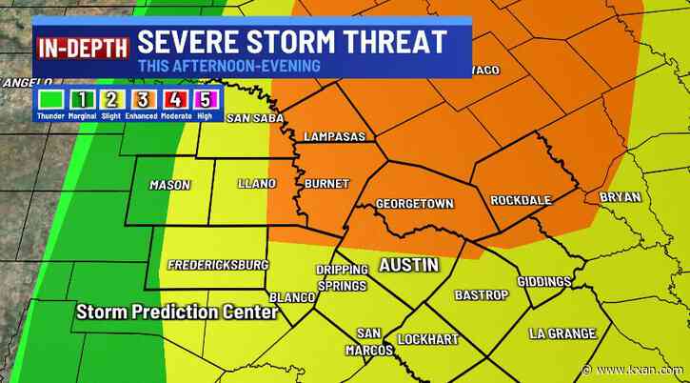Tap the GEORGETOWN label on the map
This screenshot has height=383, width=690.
pos(414,204)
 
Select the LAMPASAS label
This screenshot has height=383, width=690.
pos(334,137)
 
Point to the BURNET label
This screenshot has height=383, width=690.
pos(326,183)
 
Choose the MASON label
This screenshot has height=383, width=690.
pos(171,185)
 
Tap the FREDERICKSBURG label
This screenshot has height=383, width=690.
pos(218,264)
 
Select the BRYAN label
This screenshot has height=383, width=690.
pos(620,197)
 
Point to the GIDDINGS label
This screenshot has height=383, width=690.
pos(543,282)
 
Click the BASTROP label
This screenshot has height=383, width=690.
pos(478,295)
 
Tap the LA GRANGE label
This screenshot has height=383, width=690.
pos(562,333)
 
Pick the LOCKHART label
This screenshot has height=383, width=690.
pos(428,339)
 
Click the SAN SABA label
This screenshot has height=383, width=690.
pos(252,118)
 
